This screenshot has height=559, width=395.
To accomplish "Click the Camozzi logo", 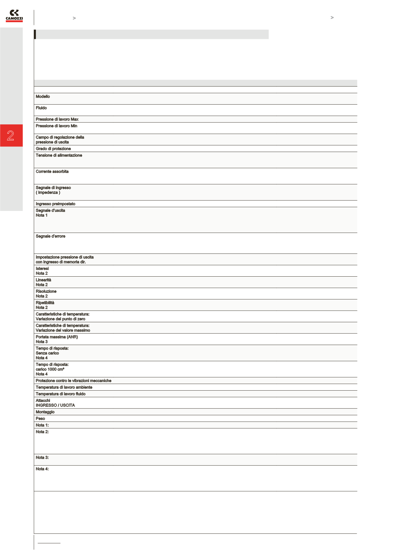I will click(x=14, y=16).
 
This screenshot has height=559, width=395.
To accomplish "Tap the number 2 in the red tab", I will click(x=11, y=136).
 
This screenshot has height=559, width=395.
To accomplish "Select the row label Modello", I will click(x=43, y=97).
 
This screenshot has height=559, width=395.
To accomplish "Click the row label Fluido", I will click(x=41, y=108).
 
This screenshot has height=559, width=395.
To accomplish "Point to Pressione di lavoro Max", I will click(x=57, y=119).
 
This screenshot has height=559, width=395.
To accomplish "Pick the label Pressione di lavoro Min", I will click(x=57, y=126).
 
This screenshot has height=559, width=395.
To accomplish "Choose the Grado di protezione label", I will click(x=53, y=149).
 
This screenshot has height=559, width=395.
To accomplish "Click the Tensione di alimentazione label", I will click(x=59, y=155).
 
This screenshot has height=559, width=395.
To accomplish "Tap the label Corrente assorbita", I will click(x=52, y=172).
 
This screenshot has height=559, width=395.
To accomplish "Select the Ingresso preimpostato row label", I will click(x=56, y=204).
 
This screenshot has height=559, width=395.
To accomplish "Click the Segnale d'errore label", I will click(x=50, y=236).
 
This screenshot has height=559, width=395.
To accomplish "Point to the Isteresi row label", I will click(x=42, y=269).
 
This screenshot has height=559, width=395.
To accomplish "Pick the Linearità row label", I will click(x=43, y=280).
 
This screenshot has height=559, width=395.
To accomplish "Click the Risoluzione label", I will click(x=46, y=292).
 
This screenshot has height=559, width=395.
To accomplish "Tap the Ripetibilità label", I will click(x=45, y=303).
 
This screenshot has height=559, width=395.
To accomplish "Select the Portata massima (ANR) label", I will click(x=57, y=337).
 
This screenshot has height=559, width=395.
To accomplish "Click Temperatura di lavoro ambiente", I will click(x=64, y=388).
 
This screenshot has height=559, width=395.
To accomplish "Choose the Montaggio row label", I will click(x=45, y=412).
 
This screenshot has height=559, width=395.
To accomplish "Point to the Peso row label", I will click(x=40, y=419).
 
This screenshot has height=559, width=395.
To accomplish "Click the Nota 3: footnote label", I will click(x=42, y=458).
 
